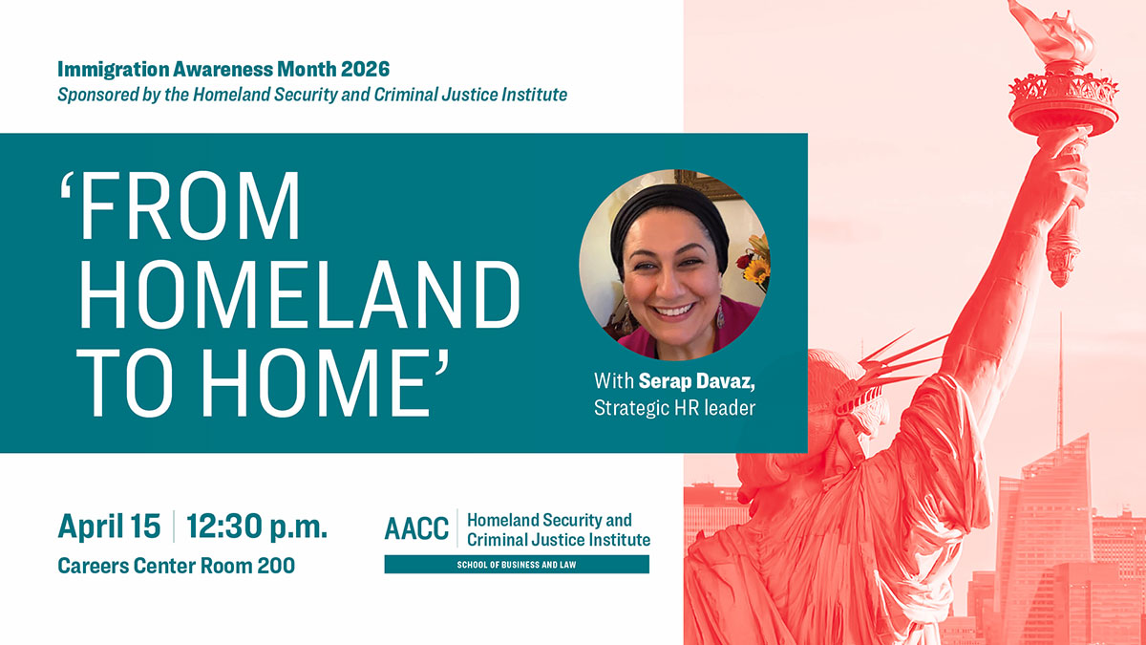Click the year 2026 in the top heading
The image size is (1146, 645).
click(x=365, y=69)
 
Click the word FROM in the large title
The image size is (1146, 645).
click(x=180, y=205)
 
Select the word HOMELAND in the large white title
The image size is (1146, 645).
click(x=299, y=294)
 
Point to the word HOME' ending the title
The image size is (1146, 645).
click(x=325, y=382)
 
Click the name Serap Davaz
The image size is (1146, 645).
click(x=697, y=381)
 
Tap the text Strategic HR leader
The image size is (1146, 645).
click(x=674, y=408)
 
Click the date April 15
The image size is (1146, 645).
click(x=109, y=527)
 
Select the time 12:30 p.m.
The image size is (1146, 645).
click(x=256, y=527)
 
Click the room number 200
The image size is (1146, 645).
click(x=276, y=566)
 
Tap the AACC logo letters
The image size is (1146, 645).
click(x=416, y=528)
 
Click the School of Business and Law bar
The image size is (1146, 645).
click(x=517, y=565)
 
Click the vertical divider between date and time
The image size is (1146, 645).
click(x=174, y=527)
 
